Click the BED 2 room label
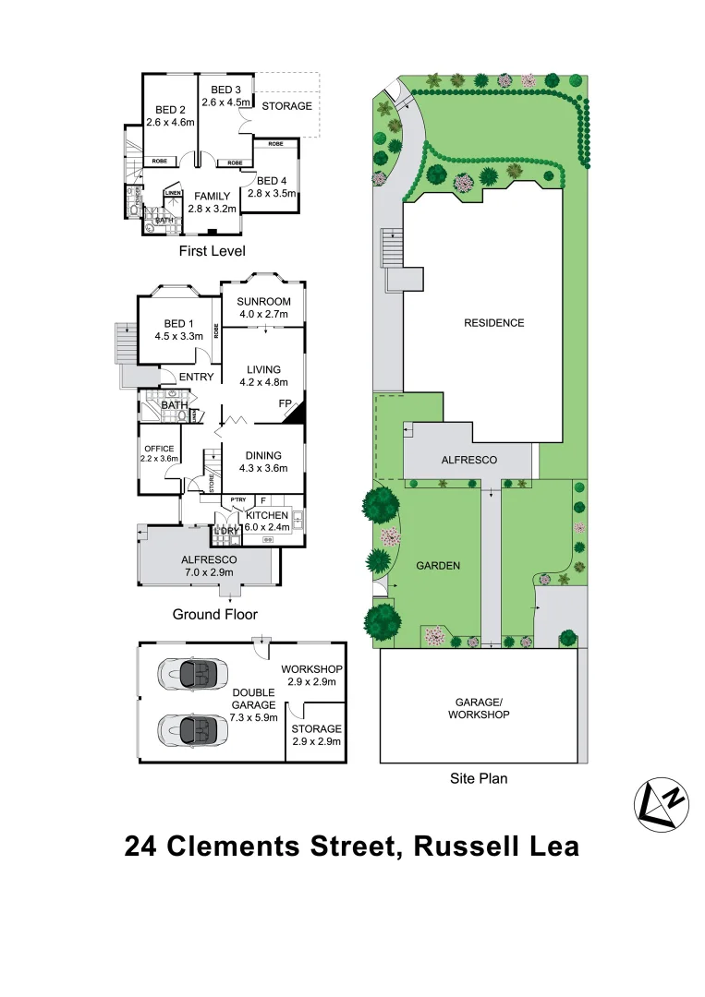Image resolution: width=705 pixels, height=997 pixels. click(171, 109)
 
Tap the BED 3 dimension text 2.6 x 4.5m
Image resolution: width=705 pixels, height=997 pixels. click(225, 102)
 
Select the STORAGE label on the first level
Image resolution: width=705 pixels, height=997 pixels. click(286, 106)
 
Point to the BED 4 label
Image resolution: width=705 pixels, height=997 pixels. click(273, 181)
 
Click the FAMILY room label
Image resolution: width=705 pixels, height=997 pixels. click(212, 197)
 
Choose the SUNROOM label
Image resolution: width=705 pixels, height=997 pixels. click(263, 302)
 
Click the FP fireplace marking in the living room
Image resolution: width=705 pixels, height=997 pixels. click(286, 403)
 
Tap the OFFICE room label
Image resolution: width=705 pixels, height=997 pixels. click(158, 449)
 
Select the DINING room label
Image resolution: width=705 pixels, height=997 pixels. click(263, 455)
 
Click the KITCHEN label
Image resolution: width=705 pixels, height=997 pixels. click(266, 515)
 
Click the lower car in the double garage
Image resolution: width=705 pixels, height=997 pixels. click(193, 730)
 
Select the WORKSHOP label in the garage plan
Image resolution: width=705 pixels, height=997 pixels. click(312, 668)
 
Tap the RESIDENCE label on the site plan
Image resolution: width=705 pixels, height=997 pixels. click(493, 323)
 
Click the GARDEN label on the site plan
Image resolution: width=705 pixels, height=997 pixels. click(438, 567)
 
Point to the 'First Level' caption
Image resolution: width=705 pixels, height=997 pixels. click(213, 250)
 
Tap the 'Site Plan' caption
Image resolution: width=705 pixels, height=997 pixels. click(478, 778)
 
